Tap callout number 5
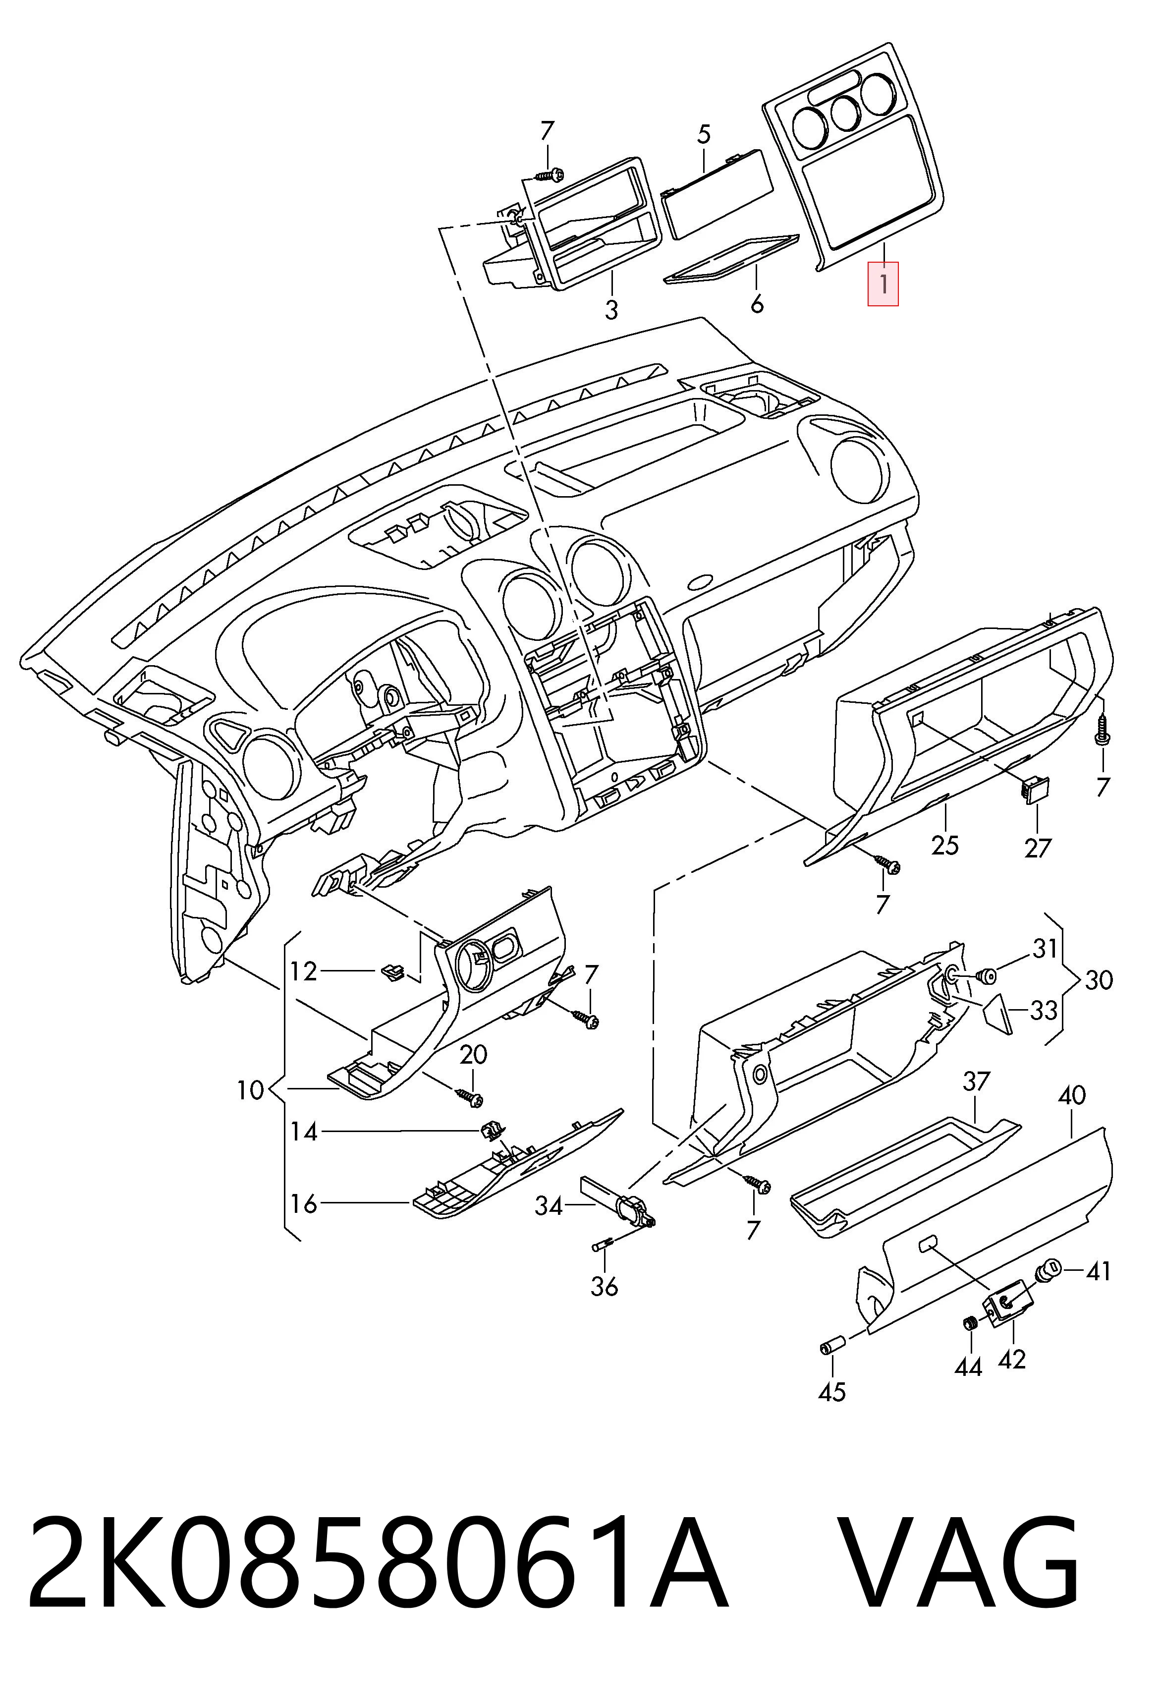pyautogui.click(x=704, y=134)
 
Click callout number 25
pyautogui.click(x=944, y=846)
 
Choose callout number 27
pyautogui.click(x=1038, y=849)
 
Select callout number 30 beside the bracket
pyautogui.click(x=1099, y=980)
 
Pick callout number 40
pyautogui.click(x=1071, y=1096)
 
